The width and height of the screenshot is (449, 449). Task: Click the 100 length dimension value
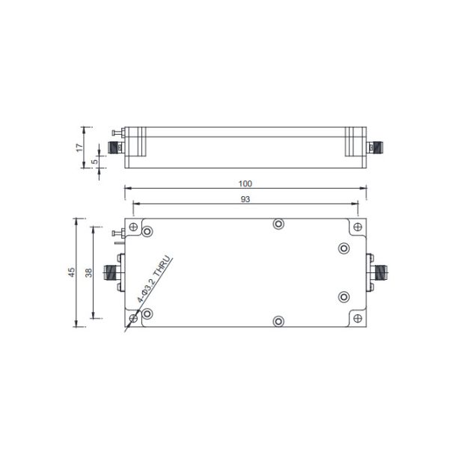(245, 183)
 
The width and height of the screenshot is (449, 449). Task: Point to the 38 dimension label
(88, 273)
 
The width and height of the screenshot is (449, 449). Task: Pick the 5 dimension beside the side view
(94, 161)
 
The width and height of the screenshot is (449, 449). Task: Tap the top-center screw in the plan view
(278, 224)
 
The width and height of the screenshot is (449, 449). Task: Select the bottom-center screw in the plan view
(278, 322)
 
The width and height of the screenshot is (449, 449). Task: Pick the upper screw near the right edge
(343, 248)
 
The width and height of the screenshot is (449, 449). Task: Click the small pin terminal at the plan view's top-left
(117, 236)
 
